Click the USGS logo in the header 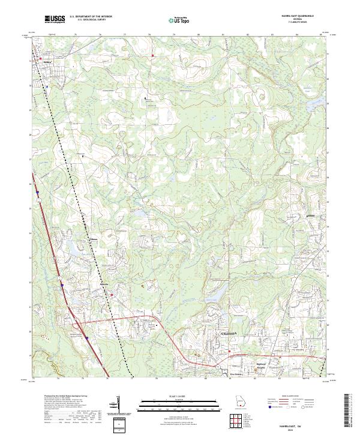coord(55,19)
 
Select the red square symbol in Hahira coord(32,61)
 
